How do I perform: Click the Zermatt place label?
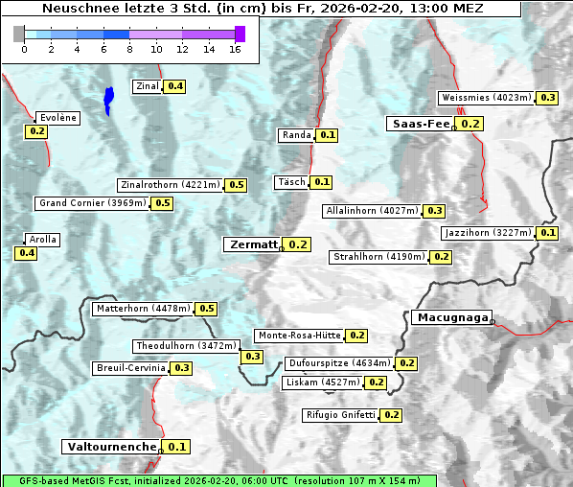click(x=252, y=244)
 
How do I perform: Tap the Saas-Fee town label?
click(x=420, y=124)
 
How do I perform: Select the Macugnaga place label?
click(x=450, y=317)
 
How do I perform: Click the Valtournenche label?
click(x=111, y=447)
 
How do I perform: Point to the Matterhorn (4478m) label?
click(x=142, y=309)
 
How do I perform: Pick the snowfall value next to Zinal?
click(x=175, y=86)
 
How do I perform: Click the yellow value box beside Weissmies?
click(x=548, y=98)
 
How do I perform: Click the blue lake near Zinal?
click(x=108, y=99)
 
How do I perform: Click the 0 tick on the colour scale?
click(x=24, y=48)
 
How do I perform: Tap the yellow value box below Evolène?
click(x=37, y=131)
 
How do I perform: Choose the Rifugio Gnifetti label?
click(x=339, y=415)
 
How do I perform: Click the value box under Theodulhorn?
click(x=252, y=357)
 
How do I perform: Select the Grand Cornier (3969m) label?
click(x=93, y=203)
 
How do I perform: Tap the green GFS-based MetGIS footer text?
click(x=218, y=480)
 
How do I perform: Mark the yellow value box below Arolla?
click(x=26, y=253)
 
